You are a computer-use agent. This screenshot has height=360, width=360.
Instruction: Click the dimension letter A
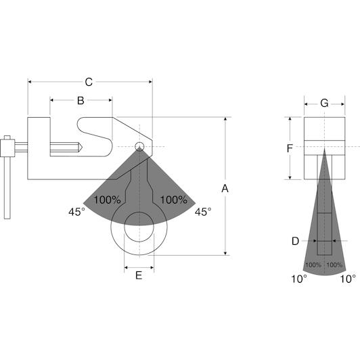point(225,189)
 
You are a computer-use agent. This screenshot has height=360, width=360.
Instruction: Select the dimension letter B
point(81,101)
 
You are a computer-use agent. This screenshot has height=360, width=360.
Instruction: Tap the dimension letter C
point(89,82)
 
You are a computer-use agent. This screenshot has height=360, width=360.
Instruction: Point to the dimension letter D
point(295,241)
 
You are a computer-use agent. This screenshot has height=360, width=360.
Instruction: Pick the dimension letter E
point(139,275)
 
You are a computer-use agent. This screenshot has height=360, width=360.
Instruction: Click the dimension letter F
point(290,148)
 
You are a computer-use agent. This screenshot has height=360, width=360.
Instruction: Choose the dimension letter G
point(324,104)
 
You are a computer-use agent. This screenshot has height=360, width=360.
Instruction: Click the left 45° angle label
point(77,212)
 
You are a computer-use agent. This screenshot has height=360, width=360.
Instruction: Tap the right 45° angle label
point(203,212)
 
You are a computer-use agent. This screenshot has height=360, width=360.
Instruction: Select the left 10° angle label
point(299,279)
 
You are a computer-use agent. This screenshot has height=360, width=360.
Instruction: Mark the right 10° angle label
point(348,279)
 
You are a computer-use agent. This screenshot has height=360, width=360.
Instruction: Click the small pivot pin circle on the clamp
point(139,146)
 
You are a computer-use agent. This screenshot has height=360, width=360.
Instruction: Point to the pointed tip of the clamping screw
point(82,147)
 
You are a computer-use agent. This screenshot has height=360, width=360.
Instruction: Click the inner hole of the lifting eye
point(139,227)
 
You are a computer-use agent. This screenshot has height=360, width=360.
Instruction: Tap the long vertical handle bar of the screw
point(7,188)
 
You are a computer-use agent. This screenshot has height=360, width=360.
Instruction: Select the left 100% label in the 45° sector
point(107,200)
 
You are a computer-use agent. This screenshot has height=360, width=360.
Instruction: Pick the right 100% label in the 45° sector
point(173,200)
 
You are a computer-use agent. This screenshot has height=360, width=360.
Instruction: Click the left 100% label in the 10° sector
point(313,265)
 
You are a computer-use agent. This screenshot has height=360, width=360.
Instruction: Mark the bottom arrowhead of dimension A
point(225,253)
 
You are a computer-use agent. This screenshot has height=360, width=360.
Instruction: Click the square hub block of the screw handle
point(7,148)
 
